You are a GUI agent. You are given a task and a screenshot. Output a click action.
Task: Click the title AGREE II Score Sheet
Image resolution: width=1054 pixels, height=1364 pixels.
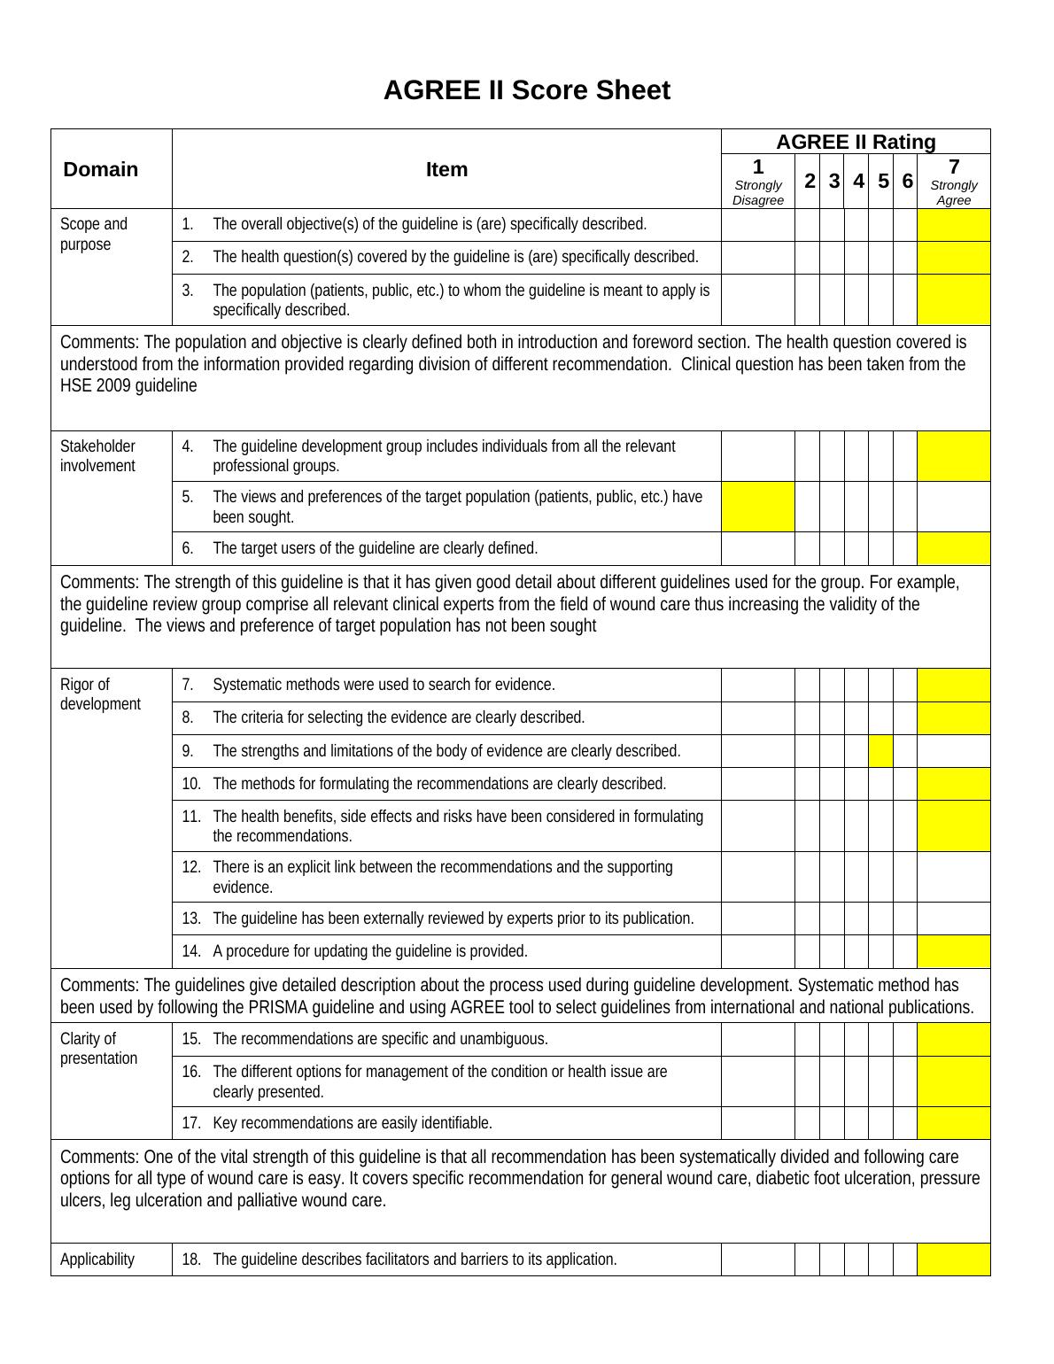[x=526, y=90]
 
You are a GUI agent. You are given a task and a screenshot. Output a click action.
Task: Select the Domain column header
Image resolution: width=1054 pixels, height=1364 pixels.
[x=100, y=169]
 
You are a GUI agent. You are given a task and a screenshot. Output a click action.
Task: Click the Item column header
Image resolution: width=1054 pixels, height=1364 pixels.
[x=446, y=169]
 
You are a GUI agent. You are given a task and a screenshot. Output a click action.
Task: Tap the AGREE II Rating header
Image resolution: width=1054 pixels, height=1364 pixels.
[x=856, y=142]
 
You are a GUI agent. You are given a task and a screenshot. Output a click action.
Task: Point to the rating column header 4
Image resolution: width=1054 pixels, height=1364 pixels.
[x=857, y=181]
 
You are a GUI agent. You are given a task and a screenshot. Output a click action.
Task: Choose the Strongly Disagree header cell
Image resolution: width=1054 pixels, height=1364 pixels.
[x=757, y=182]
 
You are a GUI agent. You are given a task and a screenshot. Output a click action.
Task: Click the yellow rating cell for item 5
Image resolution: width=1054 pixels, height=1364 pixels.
[x=757, y=507]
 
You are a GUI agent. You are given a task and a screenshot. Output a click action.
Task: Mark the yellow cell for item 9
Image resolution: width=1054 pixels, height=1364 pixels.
[x=880, y=751]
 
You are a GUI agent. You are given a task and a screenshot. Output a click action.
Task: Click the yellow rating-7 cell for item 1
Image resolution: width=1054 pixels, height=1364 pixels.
[x=953, y=225]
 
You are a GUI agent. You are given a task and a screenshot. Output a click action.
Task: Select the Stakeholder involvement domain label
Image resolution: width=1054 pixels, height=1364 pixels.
[x=97, y=456]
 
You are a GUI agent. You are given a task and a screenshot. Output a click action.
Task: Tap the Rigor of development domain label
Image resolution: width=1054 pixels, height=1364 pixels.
[x=100, y=694]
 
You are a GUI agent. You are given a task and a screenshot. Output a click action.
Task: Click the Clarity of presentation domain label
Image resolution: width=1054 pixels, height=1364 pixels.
[x=98, y=1049]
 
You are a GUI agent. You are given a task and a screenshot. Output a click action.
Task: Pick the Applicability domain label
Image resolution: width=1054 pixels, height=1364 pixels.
[x=97, y=1259]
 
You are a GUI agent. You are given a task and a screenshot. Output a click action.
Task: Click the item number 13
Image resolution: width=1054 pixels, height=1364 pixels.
[x=191, y=918]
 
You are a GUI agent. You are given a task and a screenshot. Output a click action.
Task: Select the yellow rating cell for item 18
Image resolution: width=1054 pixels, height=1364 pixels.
[x=953, y=1259]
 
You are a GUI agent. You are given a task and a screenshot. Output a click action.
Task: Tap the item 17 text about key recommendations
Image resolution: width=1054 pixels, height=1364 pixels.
[x=353, y=1123]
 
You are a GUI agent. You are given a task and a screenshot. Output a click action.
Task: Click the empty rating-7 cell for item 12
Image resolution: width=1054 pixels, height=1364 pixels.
[x=953, y=877]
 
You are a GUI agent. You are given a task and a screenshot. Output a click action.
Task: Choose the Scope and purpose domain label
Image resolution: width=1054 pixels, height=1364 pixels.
[x=93, y=234]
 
